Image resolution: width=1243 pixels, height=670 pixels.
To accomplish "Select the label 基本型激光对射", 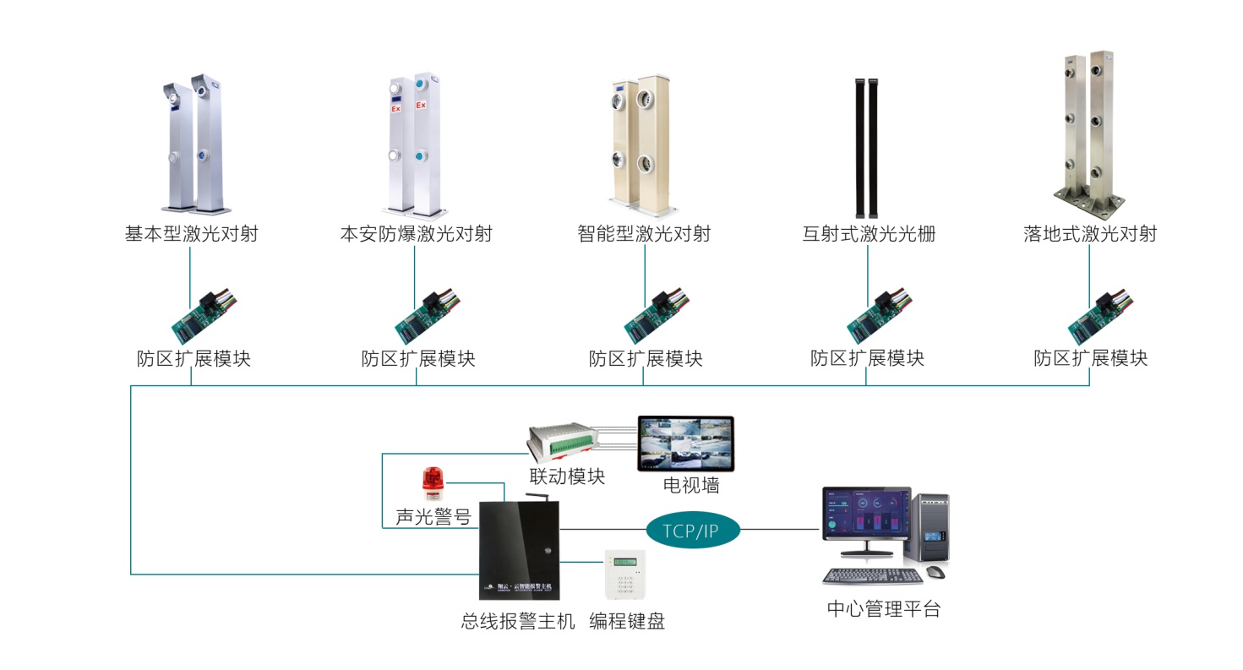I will tap(192, 234).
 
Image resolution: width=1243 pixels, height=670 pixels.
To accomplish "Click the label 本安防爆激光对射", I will tap(416, 234).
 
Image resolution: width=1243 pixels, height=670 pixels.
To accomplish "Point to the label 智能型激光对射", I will tap(644, 234).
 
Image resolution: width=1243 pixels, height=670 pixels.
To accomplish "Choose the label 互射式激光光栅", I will tap(869, 234).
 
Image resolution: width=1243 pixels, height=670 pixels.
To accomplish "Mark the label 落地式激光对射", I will tap(1090, 234).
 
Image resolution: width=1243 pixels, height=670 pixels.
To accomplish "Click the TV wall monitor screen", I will tap(685, 443).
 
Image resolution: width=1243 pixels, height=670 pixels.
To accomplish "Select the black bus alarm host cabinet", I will tap(519, 550).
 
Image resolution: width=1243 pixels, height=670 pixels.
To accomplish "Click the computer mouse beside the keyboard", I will tap(935, 572).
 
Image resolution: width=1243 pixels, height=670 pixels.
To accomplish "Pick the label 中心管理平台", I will tap(883, 609).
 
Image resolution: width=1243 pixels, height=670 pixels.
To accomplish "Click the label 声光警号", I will tap(433, 516).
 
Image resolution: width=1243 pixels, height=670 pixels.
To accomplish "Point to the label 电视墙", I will tap(691, 485).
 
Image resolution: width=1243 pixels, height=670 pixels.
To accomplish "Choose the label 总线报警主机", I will tap(518, 622).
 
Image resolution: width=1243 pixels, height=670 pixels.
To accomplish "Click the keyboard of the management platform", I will tap(873, 577).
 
